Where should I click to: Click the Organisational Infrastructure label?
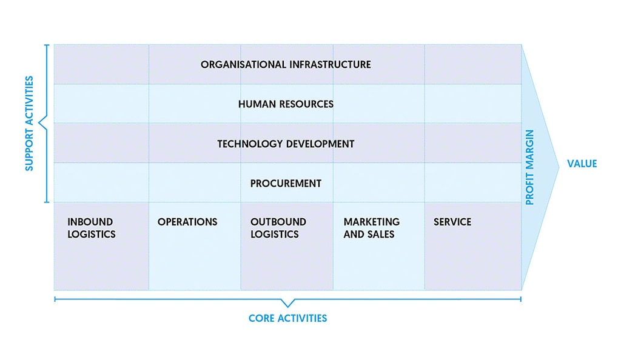tap(286, 64)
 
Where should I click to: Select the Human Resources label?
tap(286, 104)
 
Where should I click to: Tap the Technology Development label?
tap(286, 144)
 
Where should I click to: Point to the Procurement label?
tap(286, 183)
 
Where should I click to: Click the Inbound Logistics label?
tap(91, 228)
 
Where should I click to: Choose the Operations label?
tap(187, 222)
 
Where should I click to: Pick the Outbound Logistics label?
tap(278, 228)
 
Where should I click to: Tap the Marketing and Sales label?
tap(371, 228)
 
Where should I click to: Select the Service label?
tap(452, 222)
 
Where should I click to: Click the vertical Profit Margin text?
tap(530, 167)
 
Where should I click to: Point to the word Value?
tap(582, 164)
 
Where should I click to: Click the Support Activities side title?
tap(29, 124)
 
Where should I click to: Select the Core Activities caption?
tap(287, 318)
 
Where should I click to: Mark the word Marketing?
tap(371, 222)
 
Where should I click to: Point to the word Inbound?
tap(90, 222)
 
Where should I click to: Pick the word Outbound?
tap(278, 222)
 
